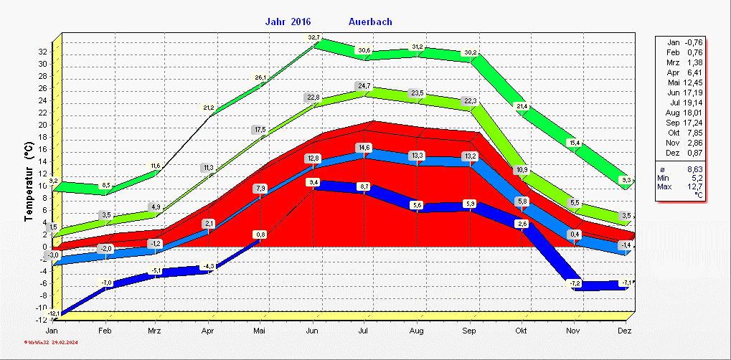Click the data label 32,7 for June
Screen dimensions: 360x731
tap(314, 37)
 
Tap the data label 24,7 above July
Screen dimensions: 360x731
tap(364, 86)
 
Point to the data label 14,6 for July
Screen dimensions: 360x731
tap(364, 147)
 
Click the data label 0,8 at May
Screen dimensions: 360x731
tap(260, 235)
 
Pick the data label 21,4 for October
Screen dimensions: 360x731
tap(522, 107)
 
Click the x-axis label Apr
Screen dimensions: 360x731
tap(209, 331)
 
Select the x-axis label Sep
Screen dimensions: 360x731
tap(469, 331)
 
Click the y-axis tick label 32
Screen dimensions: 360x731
tap(42, 52)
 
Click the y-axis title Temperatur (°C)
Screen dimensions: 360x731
tap(29, 182)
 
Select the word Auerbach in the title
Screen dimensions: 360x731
tap(370, 22)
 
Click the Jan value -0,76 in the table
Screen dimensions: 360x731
tap(693, 42)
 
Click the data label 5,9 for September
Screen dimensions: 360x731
tap(471, 204)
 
